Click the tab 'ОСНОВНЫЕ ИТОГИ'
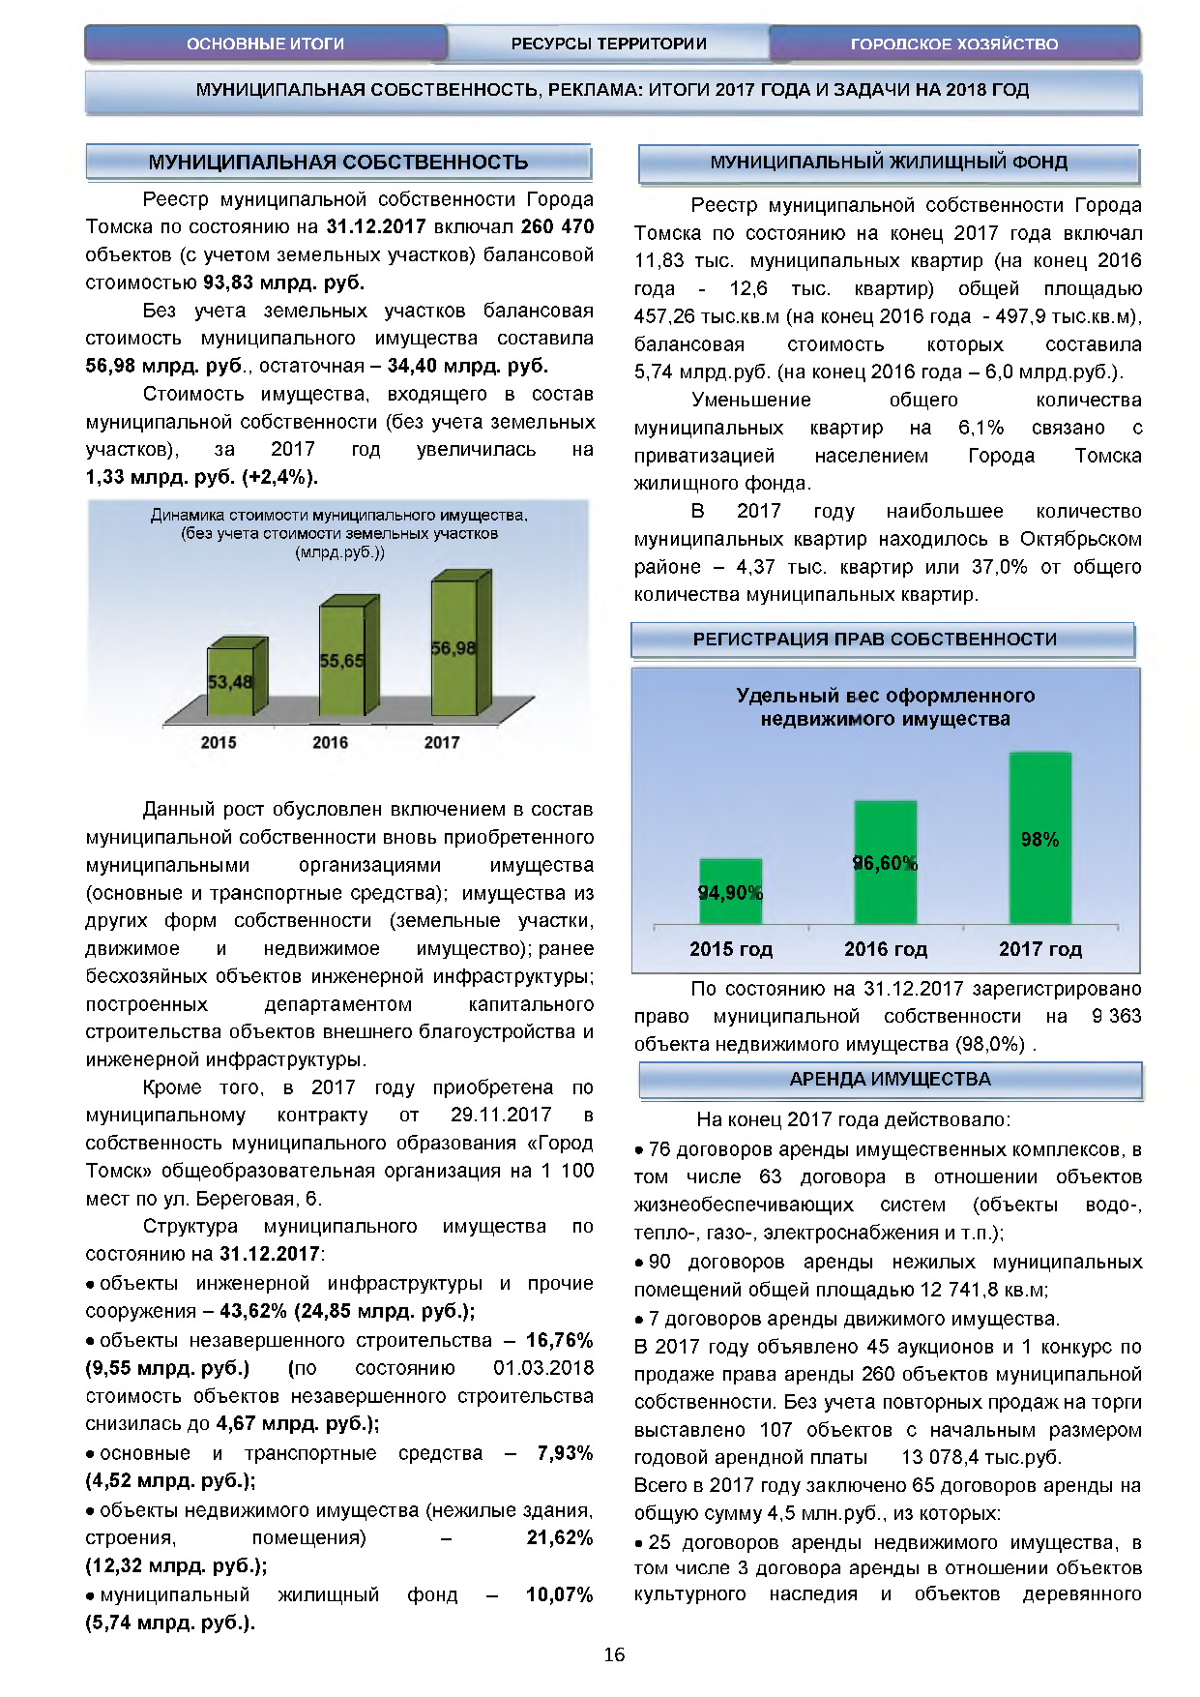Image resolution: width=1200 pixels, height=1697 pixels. tap(265, 44)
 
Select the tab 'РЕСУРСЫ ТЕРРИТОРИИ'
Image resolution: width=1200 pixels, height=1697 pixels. tap(608, 44)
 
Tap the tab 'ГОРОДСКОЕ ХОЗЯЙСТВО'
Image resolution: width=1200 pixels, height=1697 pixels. tap(953, 44)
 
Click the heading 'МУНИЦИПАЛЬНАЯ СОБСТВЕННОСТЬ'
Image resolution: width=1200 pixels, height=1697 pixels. tap(338, 163)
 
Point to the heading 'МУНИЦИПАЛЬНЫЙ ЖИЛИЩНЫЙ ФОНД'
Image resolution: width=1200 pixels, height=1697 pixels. tap(889, 163)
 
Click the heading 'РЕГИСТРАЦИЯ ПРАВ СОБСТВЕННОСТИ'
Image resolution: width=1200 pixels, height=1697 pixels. tap(882, 640)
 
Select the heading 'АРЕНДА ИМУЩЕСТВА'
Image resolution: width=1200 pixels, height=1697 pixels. tap(890, 1080)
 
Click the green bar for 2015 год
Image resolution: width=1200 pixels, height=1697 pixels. tap(731, 891)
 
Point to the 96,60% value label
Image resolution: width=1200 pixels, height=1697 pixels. tap(885, 863)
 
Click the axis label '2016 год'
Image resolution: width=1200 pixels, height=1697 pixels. tap(886, 949)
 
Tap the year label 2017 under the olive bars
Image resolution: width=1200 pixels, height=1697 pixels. tap(442, 742)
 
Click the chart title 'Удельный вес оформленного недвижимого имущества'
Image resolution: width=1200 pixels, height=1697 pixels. tap(885, 707)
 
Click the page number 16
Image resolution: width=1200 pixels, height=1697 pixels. tap(614, 1654)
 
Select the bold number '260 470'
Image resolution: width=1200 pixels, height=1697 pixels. tap(557, 227)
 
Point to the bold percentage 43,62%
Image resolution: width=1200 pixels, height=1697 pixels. tap(253, 1311)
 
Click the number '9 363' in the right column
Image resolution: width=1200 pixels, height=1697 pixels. tap(1116, 1017)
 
